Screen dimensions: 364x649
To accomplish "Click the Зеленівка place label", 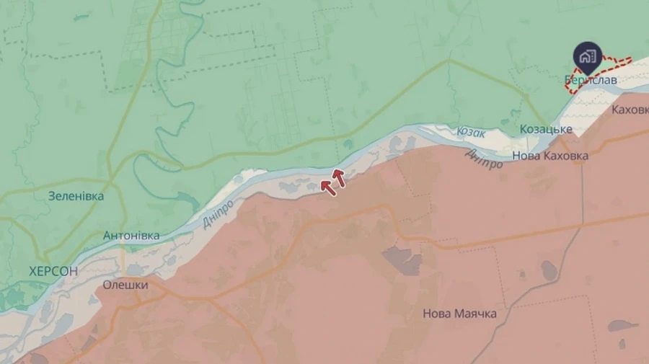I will tap(76, 195).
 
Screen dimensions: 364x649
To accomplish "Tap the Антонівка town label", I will tap(131, 236).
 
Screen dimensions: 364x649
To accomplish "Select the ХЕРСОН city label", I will tap(53, 272).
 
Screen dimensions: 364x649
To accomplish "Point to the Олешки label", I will tap(125, 285).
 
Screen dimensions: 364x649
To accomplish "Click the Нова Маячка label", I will tap(459, 314).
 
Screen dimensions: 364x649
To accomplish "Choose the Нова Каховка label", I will tap(549, 156).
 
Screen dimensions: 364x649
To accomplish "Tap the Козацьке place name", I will tap(546, 129).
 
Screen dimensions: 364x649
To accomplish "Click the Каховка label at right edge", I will tap(630, 110).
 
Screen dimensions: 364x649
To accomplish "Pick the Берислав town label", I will tap(591, 80).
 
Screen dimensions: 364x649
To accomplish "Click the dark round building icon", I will tap(588, 56).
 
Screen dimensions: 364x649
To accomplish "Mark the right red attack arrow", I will tap(338, 177).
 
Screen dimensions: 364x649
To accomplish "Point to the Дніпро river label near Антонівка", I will tap(217, 213).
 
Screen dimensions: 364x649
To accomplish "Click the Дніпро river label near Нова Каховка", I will tap(484, 159).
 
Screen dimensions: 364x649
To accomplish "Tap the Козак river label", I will tap(472, 133).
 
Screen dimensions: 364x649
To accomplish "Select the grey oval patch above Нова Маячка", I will tap(549, 271).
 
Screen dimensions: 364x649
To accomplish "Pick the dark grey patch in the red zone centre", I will tap(402, 259).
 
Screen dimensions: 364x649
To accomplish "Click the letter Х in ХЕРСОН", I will tap(33, 272).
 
